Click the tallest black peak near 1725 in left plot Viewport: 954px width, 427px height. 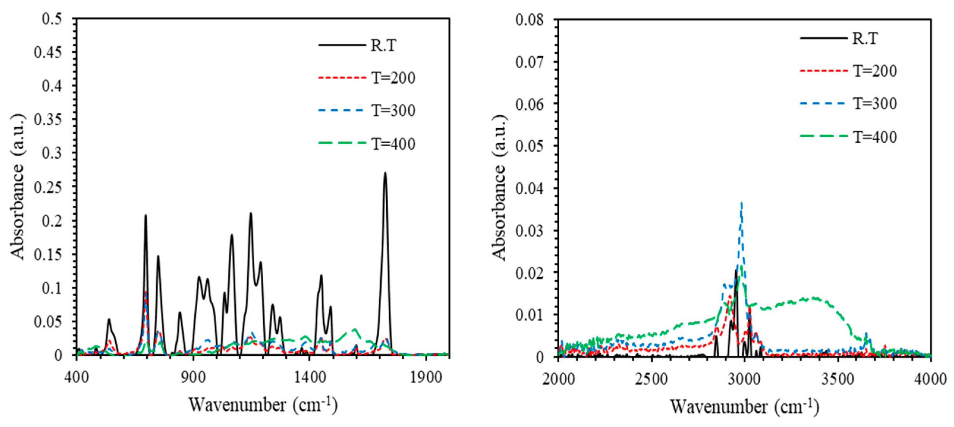pos(385,173)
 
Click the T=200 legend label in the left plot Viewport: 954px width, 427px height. pos(393,78)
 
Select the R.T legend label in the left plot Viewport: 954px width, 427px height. pos(383,45)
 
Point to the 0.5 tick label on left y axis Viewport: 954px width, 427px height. pos(52,18)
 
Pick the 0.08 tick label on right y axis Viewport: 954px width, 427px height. pos(530,20)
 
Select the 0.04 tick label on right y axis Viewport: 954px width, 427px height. pos(530,188)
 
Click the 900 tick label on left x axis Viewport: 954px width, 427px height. pos(193,377)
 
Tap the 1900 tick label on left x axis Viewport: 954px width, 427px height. pos(426,377)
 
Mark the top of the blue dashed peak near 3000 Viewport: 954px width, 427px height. pos(742,203)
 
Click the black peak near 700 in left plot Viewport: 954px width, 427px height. pos(146,215)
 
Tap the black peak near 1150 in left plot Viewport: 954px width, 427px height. pos(251,213)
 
